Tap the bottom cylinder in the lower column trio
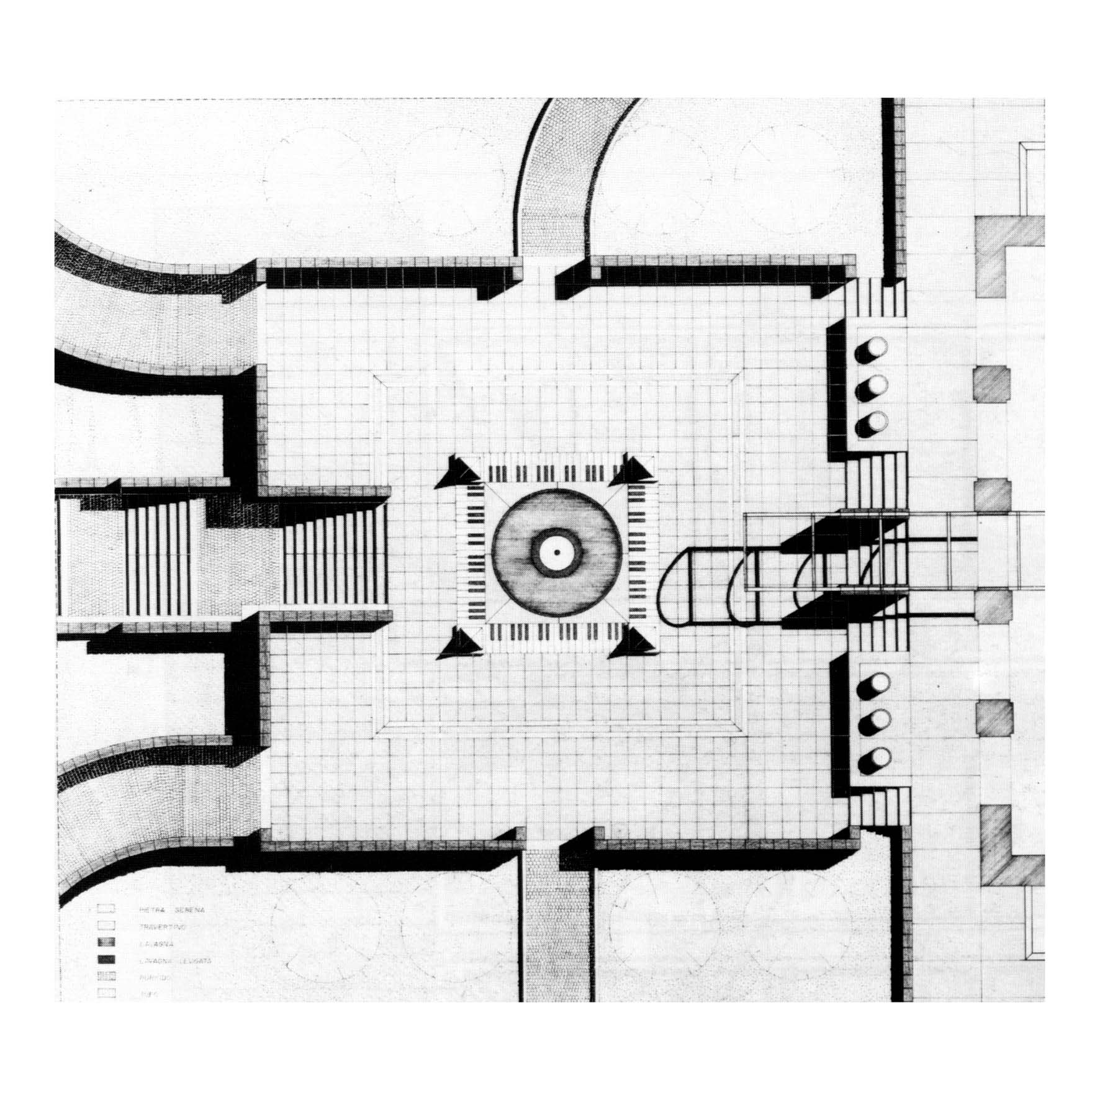(871, 758)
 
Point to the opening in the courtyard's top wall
(538, 273)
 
